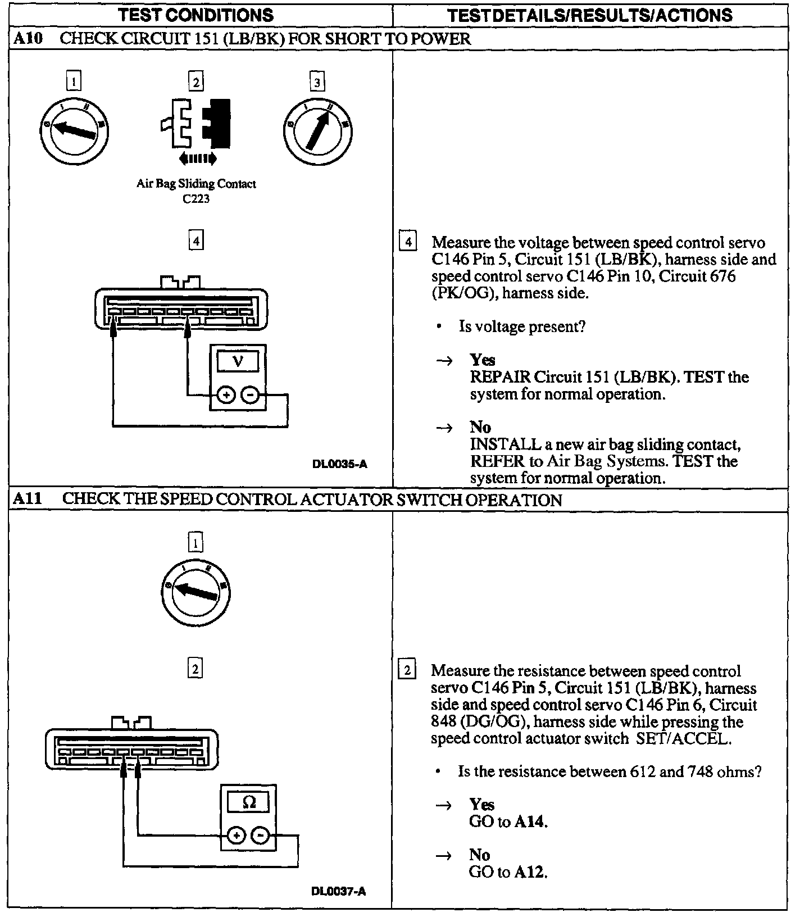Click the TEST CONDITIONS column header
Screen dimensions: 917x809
pyautogui.click(x=196, y=15)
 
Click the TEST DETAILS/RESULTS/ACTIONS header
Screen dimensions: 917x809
pyautogui.click(x=590, y=15)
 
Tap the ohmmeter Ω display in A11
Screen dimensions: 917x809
pyautogui.click(x=248, y=802)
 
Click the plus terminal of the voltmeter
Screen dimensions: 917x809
pyautogui.click(x=226, y=396)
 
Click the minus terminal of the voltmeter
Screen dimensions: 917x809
pyautogui.click(x=250, y=396)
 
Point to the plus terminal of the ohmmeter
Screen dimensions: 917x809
pyautogui.click(x=237, y=836)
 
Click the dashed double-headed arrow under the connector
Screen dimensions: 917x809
pyautogui.click(x=197, y=160)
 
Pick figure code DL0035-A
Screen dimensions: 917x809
pyautogui.click(x=340, y=464)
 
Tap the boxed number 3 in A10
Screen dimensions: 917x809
pyautogui.click(x=317, y=83)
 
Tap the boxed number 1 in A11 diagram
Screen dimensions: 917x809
pyautogui.click(x=195, y=543)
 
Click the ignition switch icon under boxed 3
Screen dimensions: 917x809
pyautogui.click(x=317, y=130)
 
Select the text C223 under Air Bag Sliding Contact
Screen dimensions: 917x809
pyautogui.click(x=196, y=198)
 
